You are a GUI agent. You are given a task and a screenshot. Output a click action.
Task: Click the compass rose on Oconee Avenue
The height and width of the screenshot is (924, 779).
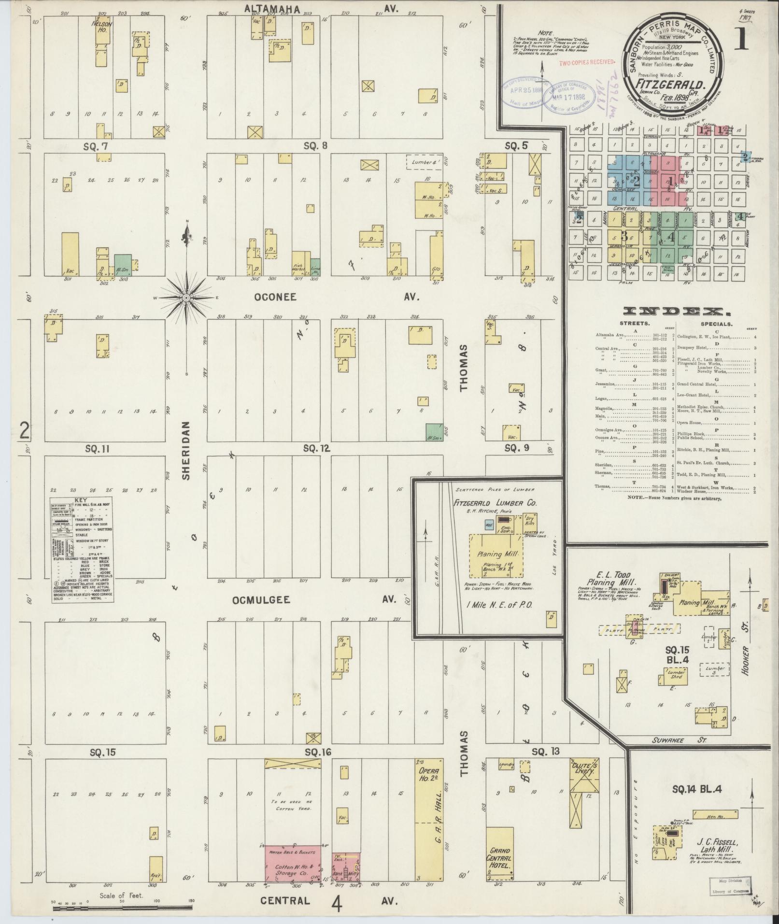[186, 298]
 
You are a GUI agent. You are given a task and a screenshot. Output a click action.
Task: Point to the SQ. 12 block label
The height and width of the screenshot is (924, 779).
[316, 449]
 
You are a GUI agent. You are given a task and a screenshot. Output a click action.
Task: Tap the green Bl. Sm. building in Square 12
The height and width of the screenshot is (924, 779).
[434, 432]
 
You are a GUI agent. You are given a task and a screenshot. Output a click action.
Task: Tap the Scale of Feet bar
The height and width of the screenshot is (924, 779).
[121, 909]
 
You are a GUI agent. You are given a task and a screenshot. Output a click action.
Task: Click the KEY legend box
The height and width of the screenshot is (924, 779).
[82, 550]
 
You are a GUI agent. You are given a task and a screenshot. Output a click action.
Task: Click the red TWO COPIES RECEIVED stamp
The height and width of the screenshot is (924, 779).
[587, 62]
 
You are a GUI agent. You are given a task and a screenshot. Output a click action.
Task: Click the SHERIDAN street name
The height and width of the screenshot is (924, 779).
[186, 450]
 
